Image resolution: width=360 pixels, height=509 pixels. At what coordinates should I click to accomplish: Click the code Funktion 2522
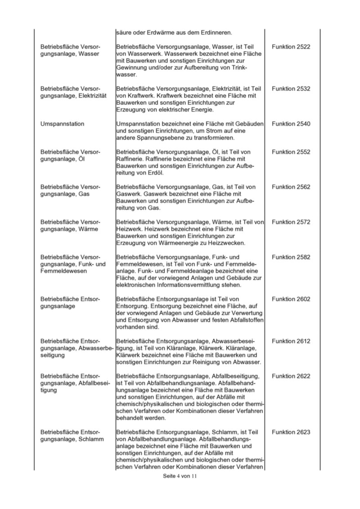pyautogui.click(x=291, y=47)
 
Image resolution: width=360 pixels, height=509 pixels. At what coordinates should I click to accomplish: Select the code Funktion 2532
pyautogui.click(x=291, y=89)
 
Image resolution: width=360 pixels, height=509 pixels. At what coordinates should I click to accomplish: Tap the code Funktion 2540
pyautogui.click(x=291, y=124)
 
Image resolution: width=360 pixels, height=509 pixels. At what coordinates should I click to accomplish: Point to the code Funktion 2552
pyautogui.click(x=291, y=152)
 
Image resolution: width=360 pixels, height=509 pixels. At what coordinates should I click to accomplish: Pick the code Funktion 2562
pyautogui.click(x=291, y=187)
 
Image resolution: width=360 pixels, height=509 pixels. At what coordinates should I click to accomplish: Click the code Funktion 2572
pyautogui.click(x=291, y=222)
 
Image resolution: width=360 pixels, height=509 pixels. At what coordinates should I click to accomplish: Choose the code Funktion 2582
pyautogui.click(x=291, y=257)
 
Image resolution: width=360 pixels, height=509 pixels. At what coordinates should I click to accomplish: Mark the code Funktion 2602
pyautogui.click(x=291, y=299)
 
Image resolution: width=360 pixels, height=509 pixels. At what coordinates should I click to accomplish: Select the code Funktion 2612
pyautogui.click(x=291, y=341)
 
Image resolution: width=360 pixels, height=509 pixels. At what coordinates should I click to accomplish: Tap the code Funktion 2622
pyautogui.click(x=291, y=376)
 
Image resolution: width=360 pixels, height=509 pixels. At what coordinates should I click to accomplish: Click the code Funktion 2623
pyautogui.click(x=291, y=433)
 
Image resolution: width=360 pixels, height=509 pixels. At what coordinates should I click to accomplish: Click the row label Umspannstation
pyautogui.click(x=62, y=124)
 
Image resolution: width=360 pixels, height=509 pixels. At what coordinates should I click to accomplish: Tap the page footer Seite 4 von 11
pyautogui.click(x=180, y=476)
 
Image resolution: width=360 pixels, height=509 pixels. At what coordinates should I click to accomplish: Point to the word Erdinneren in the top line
pyautogui.click(x=216, y=32)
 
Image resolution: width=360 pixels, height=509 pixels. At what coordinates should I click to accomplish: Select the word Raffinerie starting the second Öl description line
pyautogui.click(x=130, y=159)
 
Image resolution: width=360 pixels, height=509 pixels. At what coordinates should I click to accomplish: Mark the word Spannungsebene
pyautogui.click(x=160, y=138)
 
